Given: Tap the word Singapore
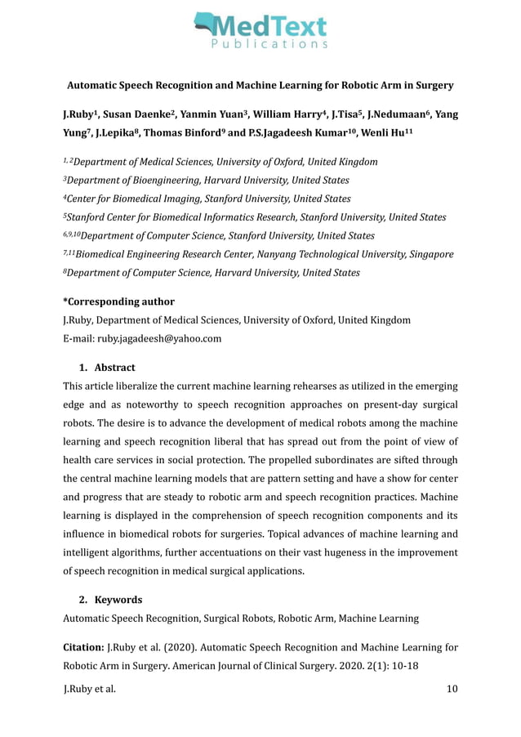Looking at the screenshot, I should click(426, 254).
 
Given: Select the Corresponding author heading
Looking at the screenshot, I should click(118, 301).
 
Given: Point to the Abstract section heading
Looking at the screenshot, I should click(114, 367).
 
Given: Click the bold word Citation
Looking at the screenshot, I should click(83, 648).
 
